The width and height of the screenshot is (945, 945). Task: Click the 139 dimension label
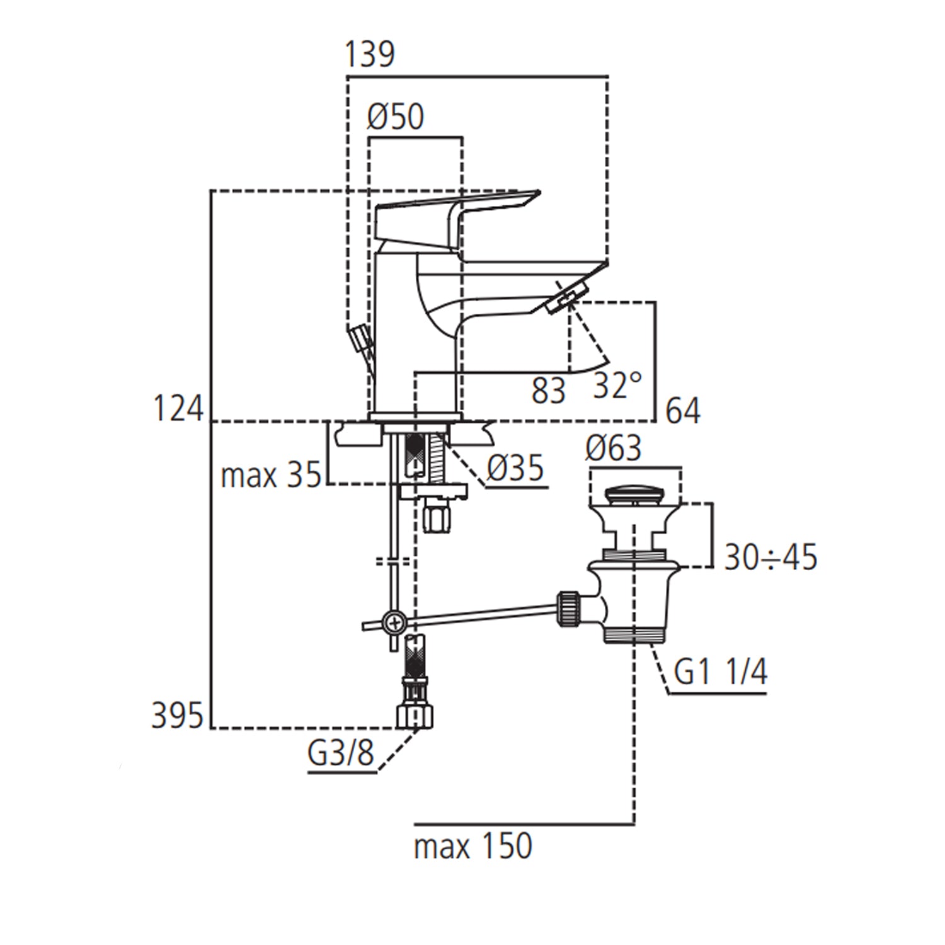(x=370, y=54)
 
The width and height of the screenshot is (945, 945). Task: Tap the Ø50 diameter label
(x=396, y=117)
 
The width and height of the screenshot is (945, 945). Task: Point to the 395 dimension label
(x=178, y=716)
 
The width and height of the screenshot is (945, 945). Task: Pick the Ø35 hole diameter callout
(x=515, y=468)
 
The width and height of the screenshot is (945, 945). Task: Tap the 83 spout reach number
(x=548, y=391)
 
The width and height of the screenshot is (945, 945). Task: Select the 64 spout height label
(x=683, y=411)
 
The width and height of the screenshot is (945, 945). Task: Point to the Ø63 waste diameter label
(x=613, y=449)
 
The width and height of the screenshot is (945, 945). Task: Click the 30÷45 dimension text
(x=770, y=557)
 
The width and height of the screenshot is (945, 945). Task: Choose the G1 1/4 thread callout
(x=720, y=672)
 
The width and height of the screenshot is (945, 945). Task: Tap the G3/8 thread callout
(x=340, y=752)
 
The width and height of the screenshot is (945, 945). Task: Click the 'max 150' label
(x=472, y=846)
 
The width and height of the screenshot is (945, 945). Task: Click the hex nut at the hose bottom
(x=415, y=716)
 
